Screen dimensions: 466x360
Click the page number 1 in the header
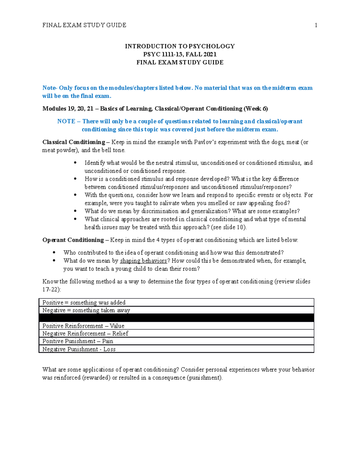[316, 25]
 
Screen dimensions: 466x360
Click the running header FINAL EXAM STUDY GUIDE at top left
[84, 25]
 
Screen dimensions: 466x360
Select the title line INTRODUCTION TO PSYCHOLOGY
[180, 46]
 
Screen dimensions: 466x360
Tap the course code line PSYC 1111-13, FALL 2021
[180, 54]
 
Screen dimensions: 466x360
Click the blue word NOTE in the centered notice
[66, 121]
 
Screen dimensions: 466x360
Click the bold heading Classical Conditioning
[73, 142]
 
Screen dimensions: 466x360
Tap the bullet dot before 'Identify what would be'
[75, 163]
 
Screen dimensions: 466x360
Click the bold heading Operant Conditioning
[73, 240]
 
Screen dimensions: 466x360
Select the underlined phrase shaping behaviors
[143, 260]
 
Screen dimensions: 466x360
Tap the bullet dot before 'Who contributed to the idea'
[54, 252]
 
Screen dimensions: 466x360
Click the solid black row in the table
[176, 318]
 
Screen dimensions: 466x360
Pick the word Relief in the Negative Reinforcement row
[120, 333]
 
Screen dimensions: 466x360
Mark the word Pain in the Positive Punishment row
[107, 341]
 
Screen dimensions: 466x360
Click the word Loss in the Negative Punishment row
[109, 349]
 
